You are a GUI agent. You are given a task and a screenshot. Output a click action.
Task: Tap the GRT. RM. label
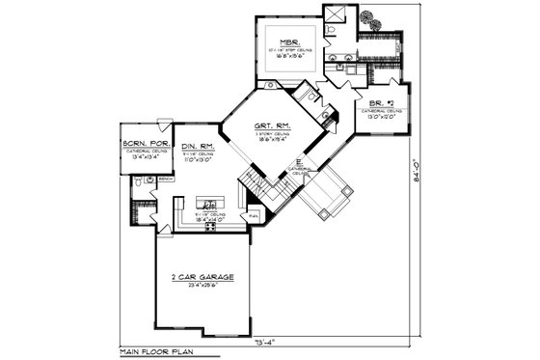pyautogui.click(x=267, y=125)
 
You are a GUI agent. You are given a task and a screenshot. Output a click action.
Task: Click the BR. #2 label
pyautogui.click(x=380, y=103)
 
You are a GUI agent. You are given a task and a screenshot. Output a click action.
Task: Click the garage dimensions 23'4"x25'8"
pyautogui.click(x=200, y=286)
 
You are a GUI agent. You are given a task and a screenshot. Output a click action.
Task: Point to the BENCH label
pyautogui.click(x=166, y=179)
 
